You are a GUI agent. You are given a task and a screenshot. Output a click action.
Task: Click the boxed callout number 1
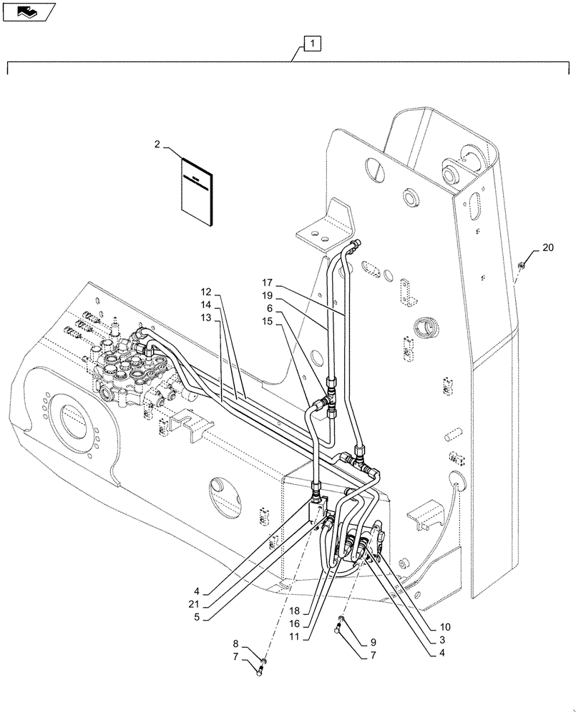pyautogui.click(x=312, y=44)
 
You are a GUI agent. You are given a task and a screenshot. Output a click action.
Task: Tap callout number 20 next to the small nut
pyautogui.click(x=547, y=248)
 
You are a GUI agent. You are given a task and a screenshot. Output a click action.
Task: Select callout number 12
pyautogui.click(x=206, y=292)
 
